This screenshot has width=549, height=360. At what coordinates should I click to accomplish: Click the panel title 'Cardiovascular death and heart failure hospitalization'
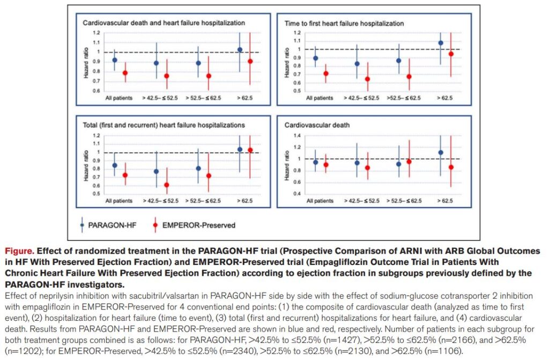coord(164,23)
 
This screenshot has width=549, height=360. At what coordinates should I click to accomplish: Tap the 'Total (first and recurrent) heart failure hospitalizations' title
coord(164,124)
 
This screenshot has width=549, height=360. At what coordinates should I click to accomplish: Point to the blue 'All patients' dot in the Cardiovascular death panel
coord(315,162)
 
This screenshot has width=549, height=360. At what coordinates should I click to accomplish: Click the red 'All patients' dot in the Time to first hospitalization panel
coord(325,74)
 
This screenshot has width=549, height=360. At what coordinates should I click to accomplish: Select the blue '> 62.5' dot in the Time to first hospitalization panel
coord(441,43)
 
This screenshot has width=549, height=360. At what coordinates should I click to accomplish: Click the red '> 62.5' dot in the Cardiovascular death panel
coord(451,167)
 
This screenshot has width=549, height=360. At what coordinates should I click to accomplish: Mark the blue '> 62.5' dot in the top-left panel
coord(240,49)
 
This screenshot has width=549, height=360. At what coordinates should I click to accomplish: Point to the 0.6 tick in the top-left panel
coord(97,91)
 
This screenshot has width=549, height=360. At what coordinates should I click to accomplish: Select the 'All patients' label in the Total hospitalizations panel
coord(119,201)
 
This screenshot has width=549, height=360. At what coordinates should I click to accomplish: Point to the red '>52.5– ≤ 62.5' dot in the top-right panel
coord(409,76)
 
